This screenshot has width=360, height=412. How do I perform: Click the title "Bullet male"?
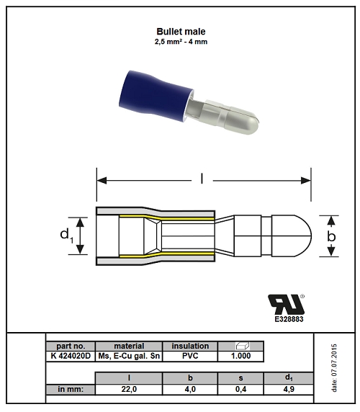(x=181, y=32)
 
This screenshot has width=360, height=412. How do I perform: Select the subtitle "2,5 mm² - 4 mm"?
(x=181, y=42)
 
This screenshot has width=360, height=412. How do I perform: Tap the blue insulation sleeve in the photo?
(x=156, y=97)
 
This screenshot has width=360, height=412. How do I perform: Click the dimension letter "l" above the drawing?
(x=202, y=179)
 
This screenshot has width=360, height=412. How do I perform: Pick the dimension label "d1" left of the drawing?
(x=67, y=235)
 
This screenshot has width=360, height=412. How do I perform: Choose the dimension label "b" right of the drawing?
(x=331, y=236)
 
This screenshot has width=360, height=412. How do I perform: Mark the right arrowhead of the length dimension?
(x=306, y=181)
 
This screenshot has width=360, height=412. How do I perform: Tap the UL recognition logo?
(x=287, y=304)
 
